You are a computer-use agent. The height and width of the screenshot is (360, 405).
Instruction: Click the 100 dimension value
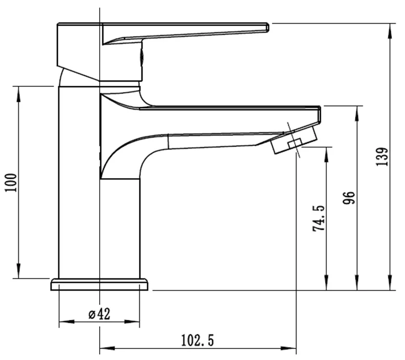click(11, 182)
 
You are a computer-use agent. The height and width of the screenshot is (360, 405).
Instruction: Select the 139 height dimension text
click(384, 157)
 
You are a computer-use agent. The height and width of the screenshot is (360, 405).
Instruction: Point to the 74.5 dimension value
click(319, 218)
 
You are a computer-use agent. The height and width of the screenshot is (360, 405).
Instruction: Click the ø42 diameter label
click(99, 314)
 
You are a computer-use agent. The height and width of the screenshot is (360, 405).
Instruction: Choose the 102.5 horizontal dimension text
click(197, 341)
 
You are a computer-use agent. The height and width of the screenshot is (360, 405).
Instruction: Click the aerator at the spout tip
click(295, 140)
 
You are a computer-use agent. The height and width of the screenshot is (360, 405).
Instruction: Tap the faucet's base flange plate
click(99, 285)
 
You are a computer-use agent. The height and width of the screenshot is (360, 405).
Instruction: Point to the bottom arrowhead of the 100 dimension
click(19, 274)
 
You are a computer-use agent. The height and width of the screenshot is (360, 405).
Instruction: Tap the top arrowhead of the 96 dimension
click(358, 111)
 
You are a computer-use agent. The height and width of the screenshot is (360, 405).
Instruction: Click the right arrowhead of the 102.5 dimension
click(292, 347)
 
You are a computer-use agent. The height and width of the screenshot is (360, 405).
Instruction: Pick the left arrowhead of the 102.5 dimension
click(103, 347)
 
